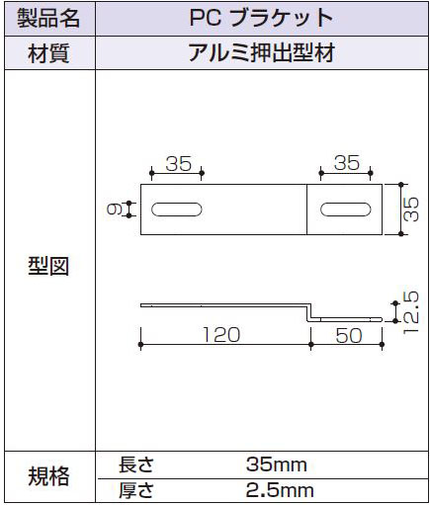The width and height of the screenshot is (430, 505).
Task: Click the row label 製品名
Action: tap(48, 18)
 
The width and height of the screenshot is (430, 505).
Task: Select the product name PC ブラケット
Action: tap(261, 18)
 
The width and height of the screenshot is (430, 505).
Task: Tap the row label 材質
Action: tap(48, 53)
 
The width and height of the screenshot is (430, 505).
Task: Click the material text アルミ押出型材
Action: tap(262, 52)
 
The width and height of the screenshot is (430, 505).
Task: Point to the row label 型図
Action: tap(48, 266)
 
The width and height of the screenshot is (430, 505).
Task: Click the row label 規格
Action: tap(48, 476)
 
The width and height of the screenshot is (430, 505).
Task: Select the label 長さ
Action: tap(136, 464)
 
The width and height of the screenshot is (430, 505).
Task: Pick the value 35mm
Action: tap(277, 464)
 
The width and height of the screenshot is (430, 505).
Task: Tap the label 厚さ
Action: tap(136, 490)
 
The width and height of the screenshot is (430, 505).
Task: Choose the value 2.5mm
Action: tap(280, 490)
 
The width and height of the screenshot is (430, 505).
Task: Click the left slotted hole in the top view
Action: tap(177, 210)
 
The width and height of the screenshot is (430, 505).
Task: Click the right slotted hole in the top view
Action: tap(346, 210)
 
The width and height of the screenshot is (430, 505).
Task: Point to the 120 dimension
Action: tap(221, 335)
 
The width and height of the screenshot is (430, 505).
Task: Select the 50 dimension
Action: tap(349, 336)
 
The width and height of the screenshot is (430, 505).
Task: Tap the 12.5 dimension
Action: tap(410, 312)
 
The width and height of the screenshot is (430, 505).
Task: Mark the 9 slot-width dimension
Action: tap(115, 210)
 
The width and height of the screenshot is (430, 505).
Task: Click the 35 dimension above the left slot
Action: tap(178, 164)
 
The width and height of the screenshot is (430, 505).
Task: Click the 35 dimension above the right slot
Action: tap(346, 163)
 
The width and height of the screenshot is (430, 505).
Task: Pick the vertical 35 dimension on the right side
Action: tap(411, 210)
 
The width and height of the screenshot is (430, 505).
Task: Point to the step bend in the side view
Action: tap(309, 312)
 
